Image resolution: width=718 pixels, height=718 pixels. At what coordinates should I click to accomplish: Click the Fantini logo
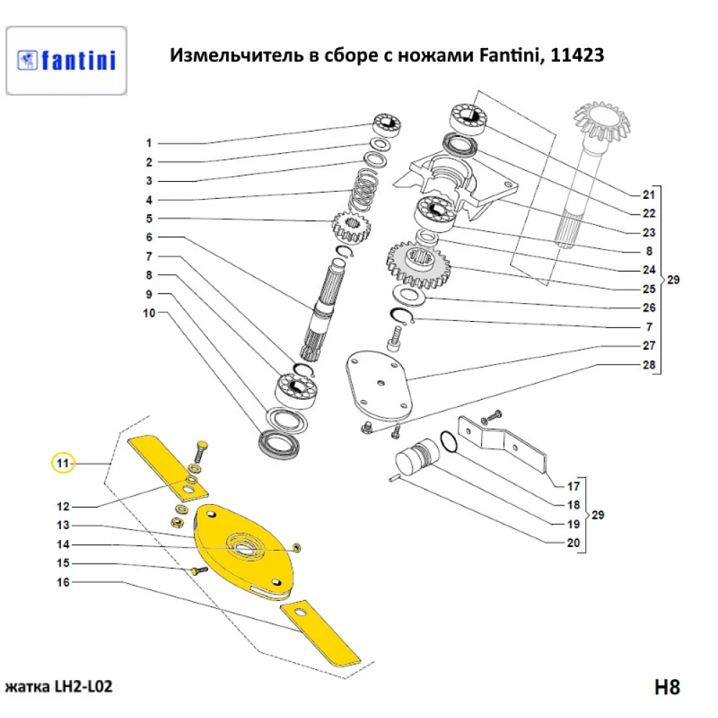click(66, 60)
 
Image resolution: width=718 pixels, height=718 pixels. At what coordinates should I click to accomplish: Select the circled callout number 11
click(63, 463)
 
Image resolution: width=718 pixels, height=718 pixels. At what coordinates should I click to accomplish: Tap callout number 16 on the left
click(63, 582)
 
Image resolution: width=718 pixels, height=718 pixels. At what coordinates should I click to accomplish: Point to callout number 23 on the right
click(648, 233)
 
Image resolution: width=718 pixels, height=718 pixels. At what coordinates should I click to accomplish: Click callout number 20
click(572, 543)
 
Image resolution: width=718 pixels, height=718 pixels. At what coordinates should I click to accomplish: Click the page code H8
click(666, 686)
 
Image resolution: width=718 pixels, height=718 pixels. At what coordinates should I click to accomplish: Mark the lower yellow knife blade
click(320, 632)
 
